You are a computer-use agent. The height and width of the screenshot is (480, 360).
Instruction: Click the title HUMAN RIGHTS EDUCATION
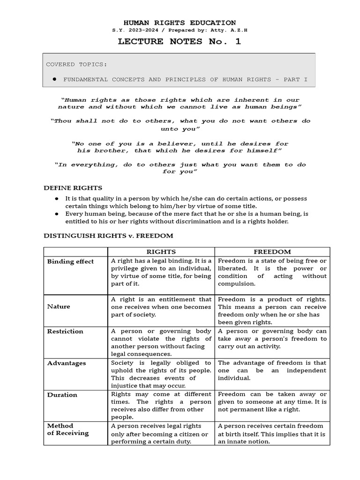(180, 22)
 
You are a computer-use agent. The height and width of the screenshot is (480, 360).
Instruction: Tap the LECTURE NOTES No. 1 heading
(180, 41)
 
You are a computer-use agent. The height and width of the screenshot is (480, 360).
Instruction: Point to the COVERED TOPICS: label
(76, 64)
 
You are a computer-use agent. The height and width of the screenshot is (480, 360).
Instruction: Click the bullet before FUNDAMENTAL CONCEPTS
(54, 80)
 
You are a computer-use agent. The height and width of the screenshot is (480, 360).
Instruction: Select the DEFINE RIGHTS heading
(73, 188)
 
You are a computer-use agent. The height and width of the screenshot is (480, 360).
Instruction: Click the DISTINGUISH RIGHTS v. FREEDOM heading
(108, 235)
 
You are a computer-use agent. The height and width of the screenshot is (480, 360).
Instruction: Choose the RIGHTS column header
(161, 252)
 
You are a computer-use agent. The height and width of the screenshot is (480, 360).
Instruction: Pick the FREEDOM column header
(272, 252)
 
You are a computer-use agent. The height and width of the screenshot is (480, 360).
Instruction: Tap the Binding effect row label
(70, 262)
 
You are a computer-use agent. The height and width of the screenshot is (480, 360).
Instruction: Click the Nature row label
(59, 307)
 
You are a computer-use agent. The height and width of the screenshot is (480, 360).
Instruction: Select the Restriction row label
(65, 331)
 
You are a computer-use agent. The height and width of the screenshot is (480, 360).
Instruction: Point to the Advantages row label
(67, 363)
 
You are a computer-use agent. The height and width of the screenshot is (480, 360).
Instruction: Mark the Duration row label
(62, 395)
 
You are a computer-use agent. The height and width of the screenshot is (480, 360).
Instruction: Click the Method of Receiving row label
(67, 429)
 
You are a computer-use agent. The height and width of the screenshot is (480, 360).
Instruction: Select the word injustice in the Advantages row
(125, 385)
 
